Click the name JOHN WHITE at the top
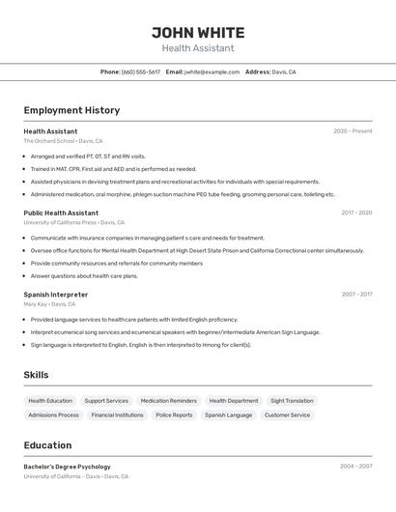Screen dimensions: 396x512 coord(198,33)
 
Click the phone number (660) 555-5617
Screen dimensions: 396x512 coord(141,71)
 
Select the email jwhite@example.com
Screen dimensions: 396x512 coord(212,71)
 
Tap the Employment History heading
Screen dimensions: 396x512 coord(71,110)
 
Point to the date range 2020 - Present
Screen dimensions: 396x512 coord(353,131)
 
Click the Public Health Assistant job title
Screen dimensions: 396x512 coord(61,213)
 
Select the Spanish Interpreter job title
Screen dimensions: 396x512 coord(56,295)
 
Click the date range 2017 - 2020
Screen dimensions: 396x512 coord(356,213)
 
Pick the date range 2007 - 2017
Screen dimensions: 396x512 coord(356,295)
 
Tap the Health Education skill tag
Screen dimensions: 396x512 coord(50,401)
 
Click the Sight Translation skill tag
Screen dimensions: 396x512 coord(292,401)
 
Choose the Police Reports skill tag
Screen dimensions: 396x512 coord(174,415)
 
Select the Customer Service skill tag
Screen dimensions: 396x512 coord(288,415)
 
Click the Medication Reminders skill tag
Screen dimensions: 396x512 coord(169,401)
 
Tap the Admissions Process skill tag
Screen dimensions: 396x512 coord(54,415)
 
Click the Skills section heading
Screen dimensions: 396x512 coord(36,375)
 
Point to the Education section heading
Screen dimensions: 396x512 coord(47,445)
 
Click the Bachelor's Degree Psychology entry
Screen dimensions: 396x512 coord(68,467)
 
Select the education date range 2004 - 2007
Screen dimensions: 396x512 coord(355,467)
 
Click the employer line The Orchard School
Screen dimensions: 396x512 coord(49,141)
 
